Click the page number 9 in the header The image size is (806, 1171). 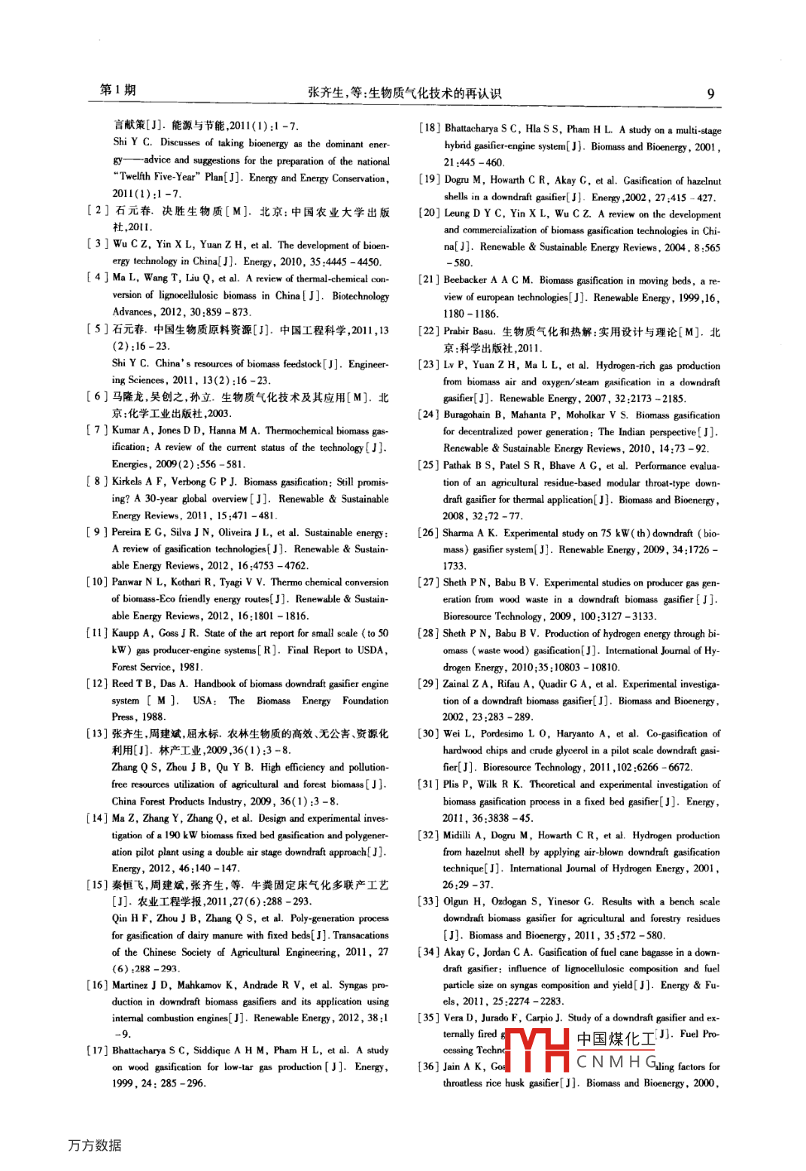pyautogui.click(x=710, y=94)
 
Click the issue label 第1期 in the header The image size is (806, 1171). pyautogui.click(x=118, y=90)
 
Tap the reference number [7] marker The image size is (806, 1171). pyautogui.click(x=97, y=430)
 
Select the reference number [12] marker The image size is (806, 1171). pyautogui.click(x=97, y=684)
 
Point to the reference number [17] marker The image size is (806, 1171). pyautogui.click(x=97, y=1051)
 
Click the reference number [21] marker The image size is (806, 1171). pyautogui.click(x=428, y=280)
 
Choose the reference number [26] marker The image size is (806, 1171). pyautogui.click(x=428, y=533)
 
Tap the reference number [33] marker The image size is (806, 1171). pyautogui.click(x=428, y=902)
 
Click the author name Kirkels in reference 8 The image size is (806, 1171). pyautogui.click(x=127, y=482)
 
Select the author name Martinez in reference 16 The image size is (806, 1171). pyautogui.click(x=129, y=985)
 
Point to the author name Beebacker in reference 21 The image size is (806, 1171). pyautogui.click(x=465, y=280)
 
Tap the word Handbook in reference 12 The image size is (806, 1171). pyautogui.click(x=215, y=684)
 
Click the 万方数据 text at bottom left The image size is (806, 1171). pyautogui.click(x=95, y=1145)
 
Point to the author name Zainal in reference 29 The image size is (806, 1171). pyautogui.click(x=456, y=684)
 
